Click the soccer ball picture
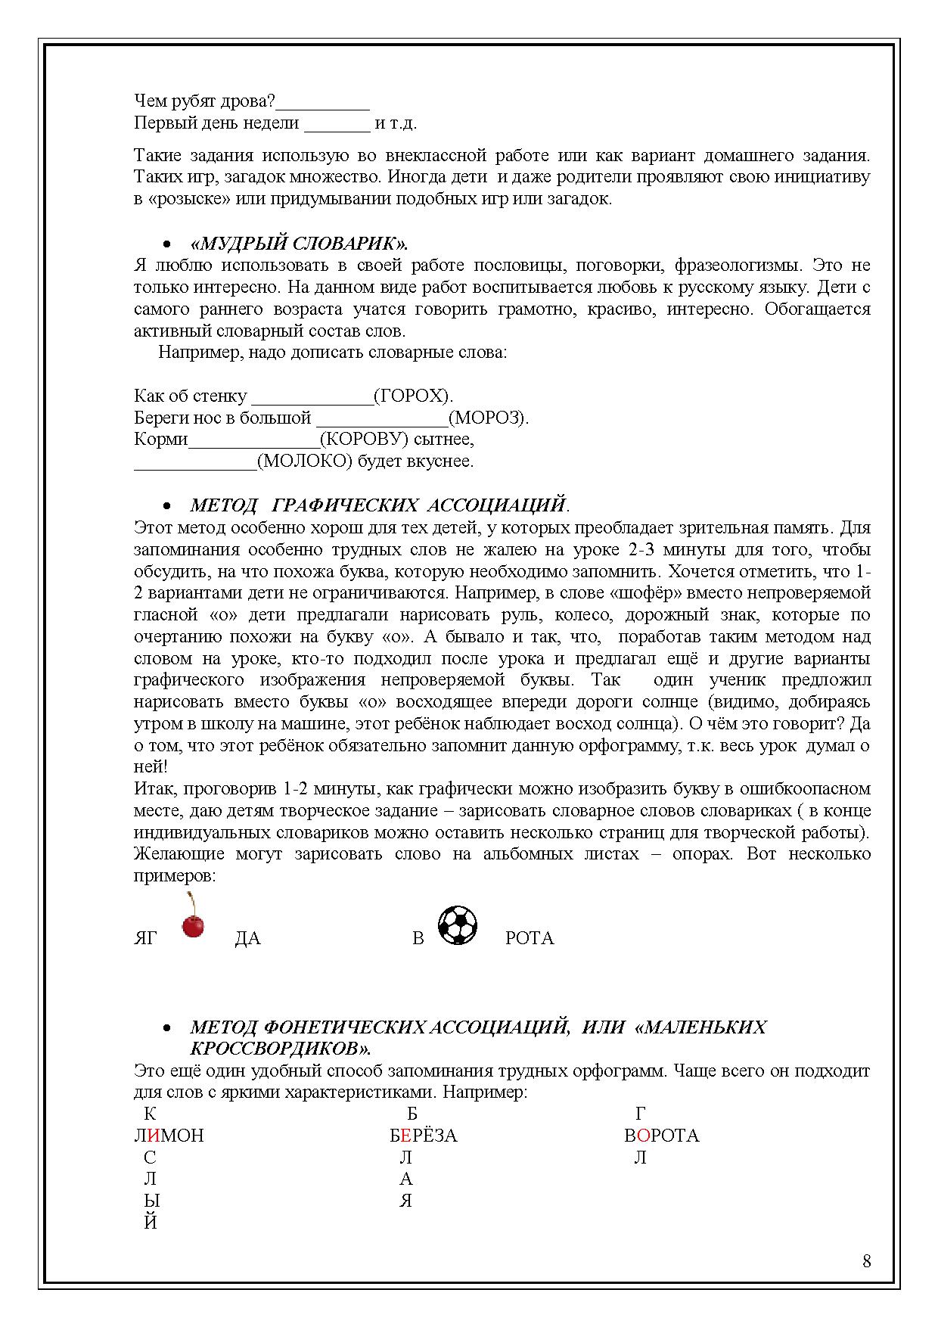coord(458,925)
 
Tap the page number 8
coord(866,1261)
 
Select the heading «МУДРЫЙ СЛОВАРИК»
coord(300,244)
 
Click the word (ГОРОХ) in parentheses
coord(414,396)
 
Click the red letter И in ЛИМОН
coord(154,1136)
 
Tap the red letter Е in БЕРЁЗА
coord(405,1136)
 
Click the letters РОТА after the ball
coord(530,938)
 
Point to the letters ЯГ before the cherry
coord(145,938)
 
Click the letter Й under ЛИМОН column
coord(151,1222)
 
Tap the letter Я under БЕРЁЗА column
coord(406,1201)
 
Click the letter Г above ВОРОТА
coord(640,1114)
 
